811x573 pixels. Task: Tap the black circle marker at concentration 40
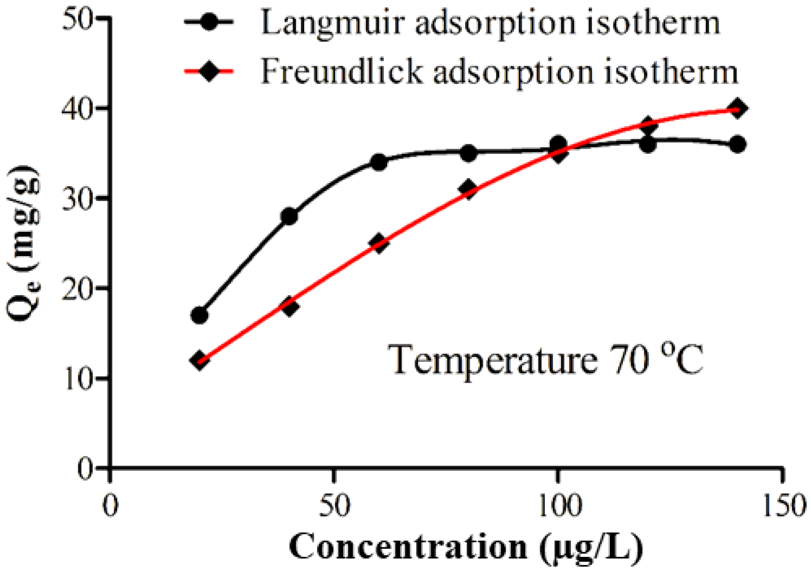(x=289, y=216)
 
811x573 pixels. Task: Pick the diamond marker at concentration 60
(x=379, y=243)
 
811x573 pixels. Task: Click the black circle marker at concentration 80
(x=468, y=153)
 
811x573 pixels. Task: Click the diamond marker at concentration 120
(x=648, y=125)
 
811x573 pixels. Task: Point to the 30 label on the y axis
(x=77, y=198)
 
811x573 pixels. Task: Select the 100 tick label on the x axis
(x=557, y=506)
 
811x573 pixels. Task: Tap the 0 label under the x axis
(x=110, y=506)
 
